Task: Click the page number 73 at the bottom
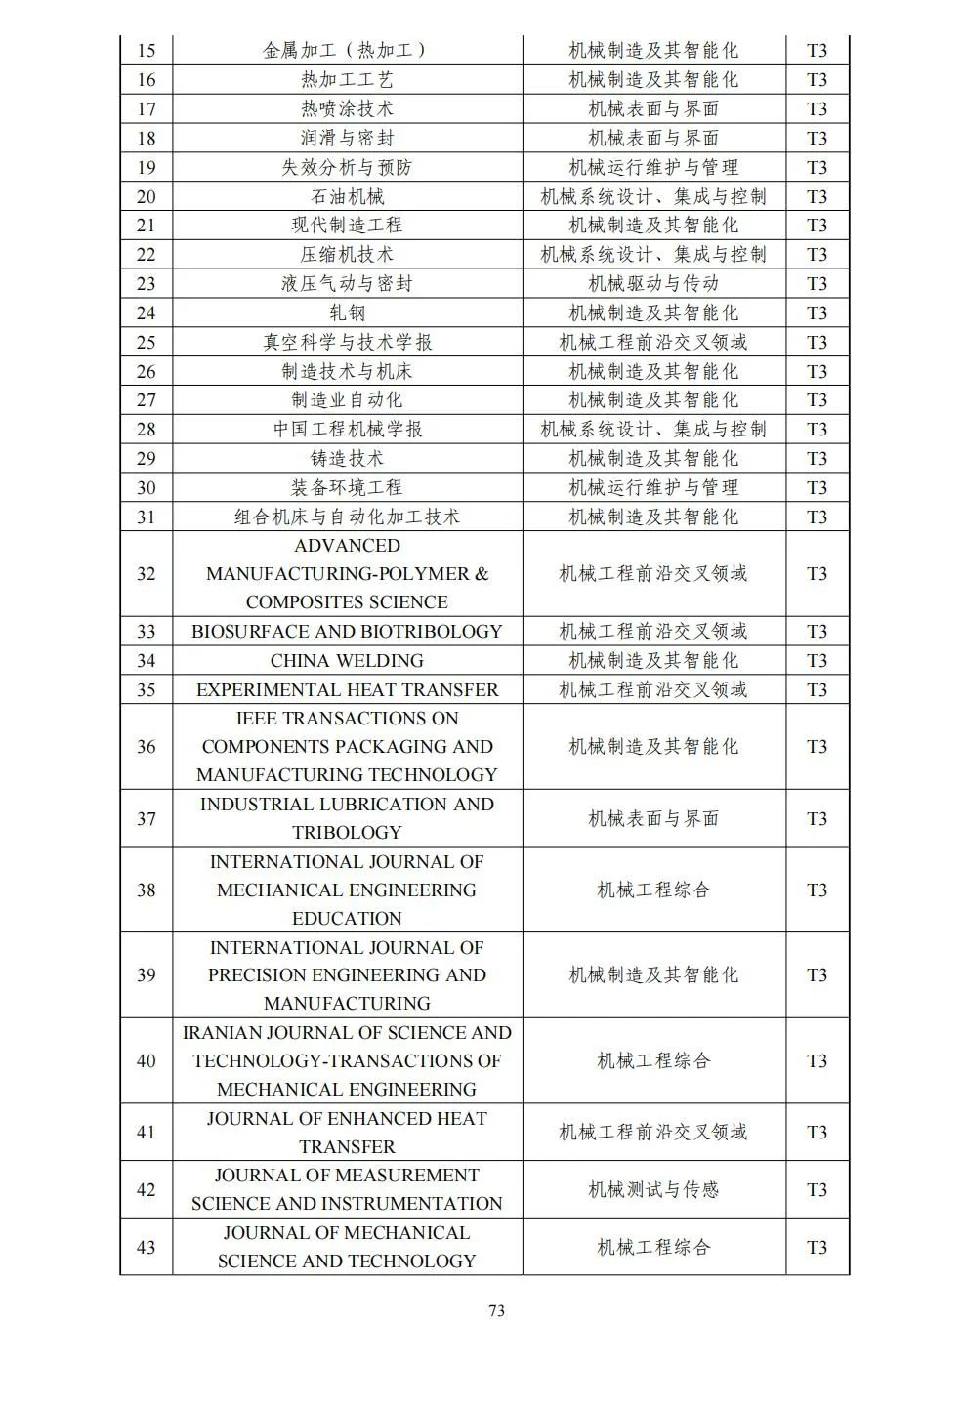(496, 1310)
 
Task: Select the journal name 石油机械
(347, 196)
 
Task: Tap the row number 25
(147, 343)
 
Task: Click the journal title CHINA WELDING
(347, 661)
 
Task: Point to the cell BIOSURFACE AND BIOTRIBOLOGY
(347, 632)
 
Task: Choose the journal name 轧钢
(347, 313)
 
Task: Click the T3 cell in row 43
(817, 1247)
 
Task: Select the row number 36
(147, 747)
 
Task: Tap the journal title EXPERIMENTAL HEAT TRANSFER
(347, 690)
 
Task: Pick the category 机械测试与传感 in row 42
(653, 1189)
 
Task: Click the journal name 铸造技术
(347, 459)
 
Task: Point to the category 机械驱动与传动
(653, 284)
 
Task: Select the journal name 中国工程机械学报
(347, 430)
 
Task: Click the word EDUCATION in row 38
(347, 919)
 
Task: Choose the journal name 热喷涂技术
(347, 109)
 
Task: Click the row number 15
(147, 51)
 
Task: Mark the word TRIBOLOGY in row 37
(347, 833)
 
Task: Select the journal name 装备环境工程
(347, 488)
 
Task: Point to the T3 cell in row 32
(817, 574)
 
